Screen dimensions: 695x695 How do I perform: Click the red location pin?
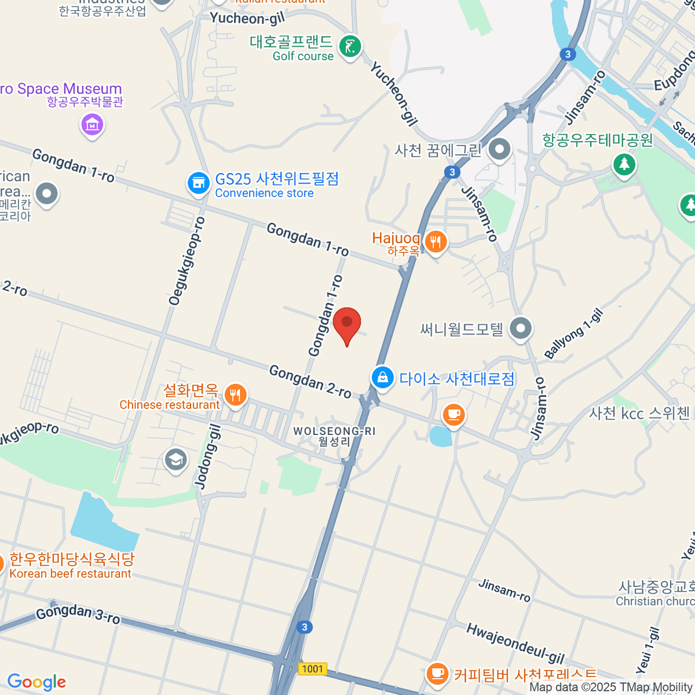[347, 323]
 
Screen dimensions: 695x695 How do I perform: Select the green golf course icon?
[350, 46]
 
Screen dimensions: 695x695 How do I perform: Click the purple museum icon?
[92, 124]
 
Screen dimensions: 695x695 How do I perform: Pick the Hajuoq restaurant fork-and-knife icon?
[436, 242]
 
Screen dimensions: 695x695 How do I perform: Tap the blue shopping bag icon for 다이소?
[382, 378]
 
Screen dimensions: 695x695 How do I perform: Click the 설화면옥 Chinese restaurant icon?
[235, 396]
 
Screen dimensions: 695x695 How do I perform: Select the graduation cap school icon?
[175, 460]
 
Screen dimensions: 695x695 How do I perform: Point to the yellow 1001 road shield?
[313, 669]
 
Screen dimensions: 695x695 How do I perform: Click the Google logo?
[36, 682]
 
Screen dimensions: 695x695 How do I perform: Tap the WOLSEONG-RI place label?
[334, 431]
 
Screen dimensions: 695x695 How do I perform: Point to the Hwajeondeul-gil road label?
[515, 643]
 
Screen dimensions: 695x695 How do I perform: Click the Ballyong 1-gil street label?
[574, 334]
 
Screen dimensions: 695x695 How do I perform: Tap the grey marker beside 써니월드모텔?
[521, 328]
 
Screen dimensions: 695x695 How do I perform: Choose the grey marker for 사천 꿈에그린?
[499, 149]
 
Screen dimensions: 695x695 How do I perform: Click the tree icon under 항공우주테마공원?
[624, 164]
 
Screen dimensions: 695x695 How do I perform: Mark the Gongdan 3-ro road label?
[78, 615]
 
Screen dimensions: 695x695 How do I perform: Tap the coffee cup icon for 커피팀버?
[437, 674]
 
